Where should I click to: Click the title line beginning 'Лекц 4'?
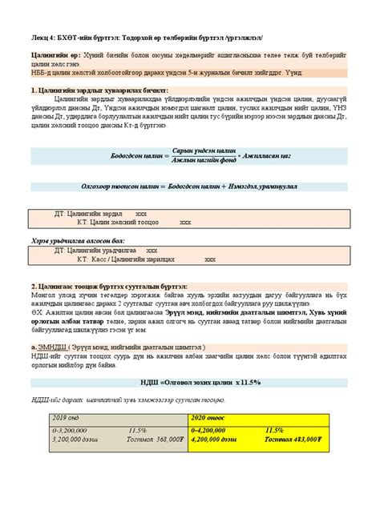pyautogui.click(x=152, y=38)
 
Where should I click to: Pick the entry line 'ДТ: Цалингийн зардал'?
pyautogui.click(x=88, y=215)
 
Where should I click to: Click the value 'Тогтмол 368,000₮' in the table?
pyautogui.click(x=144, y=439)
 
